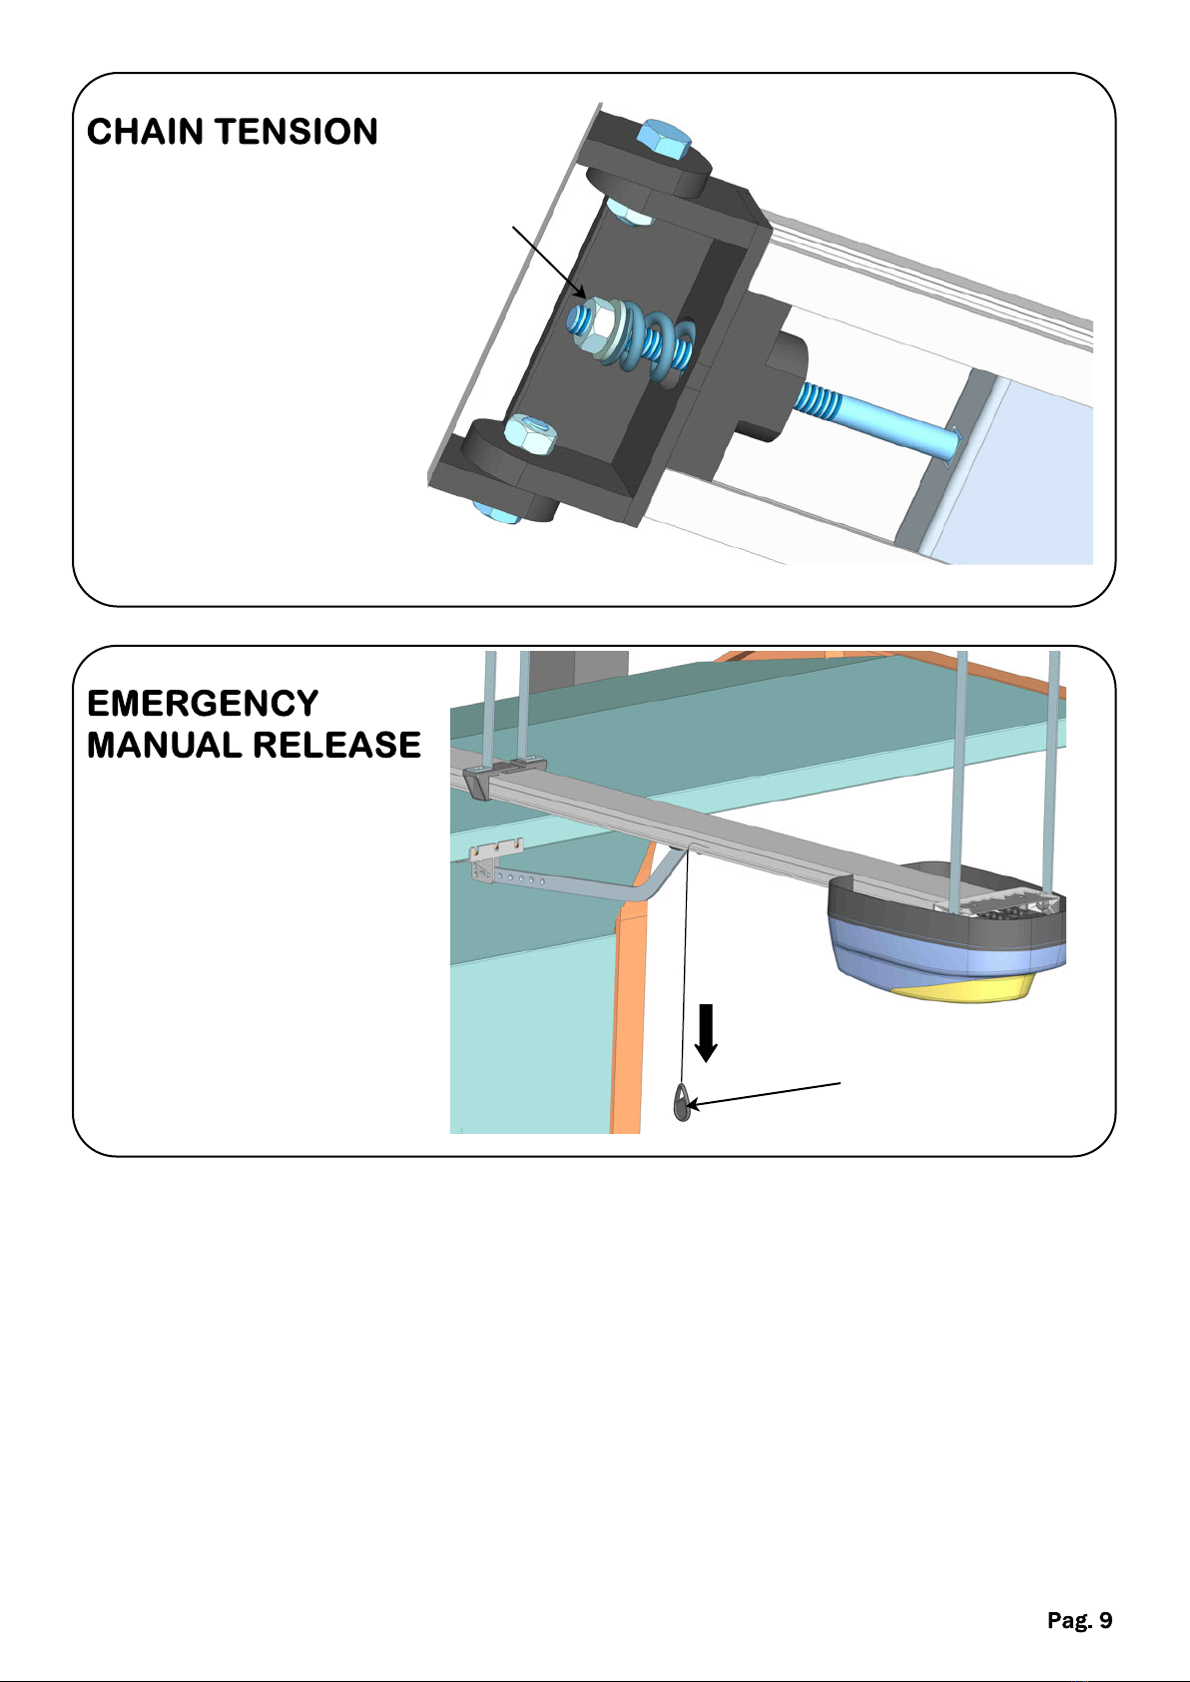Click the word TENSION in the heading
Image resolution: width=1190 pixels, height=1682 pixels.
pos(297,132)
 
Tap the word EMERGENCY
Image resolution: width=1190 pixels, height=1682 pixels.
pos(203,704)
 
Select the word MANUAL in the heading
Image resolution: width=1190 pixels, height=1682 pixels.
pos(164,745)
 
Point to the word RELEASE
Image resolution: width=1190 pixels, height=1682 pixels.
pos(337,745)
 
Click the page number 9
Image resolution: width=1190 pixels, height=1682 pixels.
pos(1105,1620)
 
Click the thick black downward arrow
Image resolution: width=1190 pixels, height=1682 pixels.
pos(705,1033)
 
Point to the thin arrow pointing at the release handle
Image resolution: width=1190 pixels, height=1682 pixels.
pos(764,1094)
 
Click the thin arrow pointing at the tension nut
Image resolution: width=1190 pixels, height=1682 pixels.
pos(549,263)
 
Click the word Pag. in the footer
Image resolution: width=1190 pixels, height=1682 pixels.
pos(1070,1620)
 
